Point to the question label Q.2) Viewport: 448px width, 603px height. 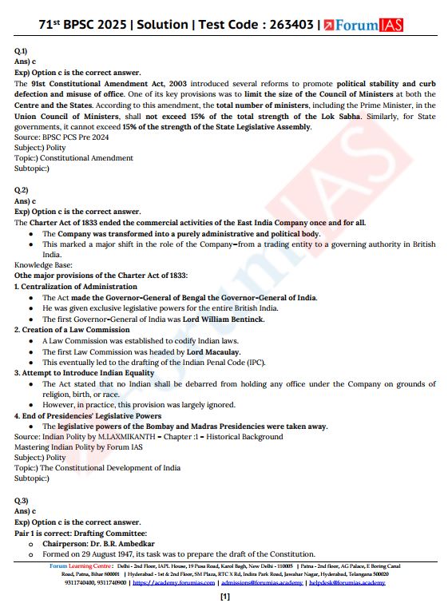point(21,190)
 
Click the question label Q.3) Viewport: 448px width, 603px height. point(21,500)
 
